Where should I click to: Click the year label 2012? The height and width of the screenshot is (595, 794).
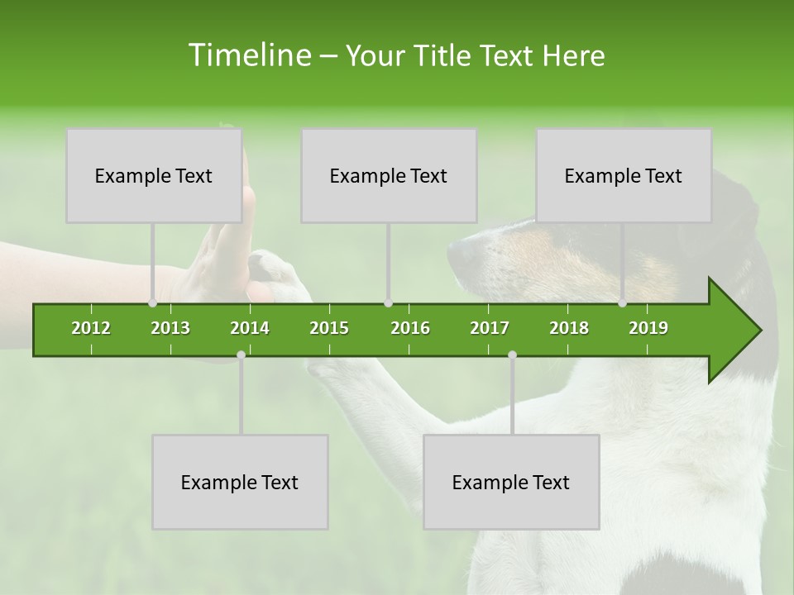[91, 328]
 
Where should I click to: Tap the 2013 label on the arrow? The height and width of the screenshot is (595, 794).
[170, 328]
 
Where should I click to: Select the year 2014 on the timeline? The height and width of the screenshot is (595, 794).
[250, 328]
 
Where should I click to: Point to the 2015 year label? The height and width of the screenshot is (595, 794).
[329, 328]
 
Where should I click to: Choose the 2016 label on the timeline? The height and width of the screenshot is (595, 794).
[410, 328]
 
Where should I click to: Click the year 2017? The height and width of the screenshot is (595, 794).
[490, 328]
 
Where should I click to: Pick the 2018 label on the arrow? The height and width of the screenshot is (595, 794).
[569, 328]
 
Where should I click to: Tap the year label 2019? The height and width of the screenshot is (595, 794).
[648, 328]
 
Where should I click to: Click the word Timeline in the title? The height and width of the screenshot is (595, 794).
[248, 55]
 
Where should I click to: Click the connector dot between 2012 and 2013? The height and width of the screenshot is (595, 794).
[152, 303]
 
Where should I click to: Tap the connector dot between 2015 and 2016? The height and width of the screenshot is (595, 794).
[388, 303]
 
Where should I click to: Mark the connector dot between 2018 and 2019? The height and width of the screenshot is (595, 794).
[623, 303]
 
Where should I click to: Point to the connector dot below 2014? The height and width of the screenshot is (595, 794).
[241, 355]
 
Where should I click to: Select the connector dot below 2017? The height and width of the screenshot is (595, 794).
[512, 355]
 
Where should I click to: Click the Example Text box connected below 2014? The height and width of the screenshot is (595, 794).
[240, 482]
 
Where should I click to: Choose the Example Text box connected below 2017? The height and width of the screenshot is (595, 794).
[511, 482]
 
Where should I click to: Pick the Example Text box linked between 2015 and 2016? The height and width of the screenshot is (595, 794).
[389, 175]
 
